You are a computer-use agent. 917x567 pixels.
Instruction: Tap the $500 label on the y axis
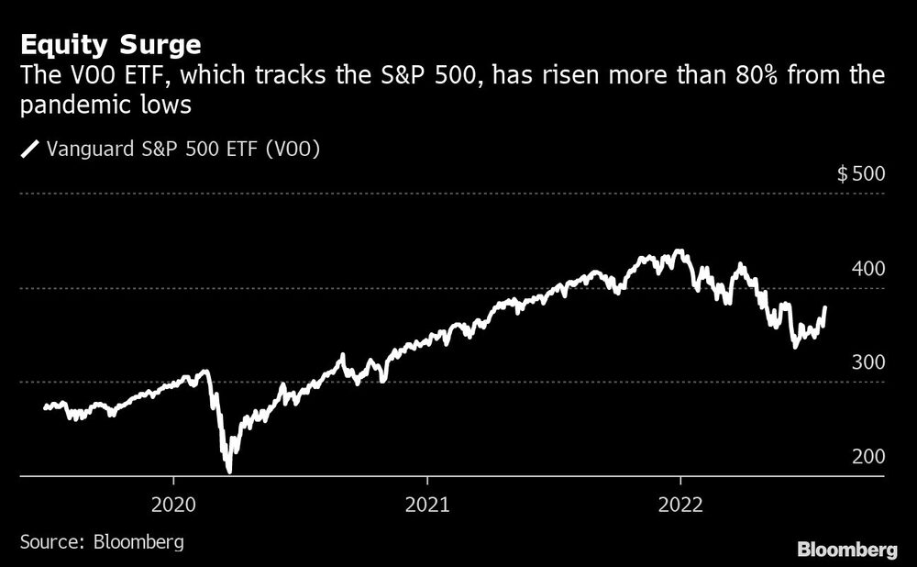(861, 174)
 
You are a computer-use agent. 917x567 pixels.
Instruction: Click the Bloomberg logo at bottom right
(847, 550)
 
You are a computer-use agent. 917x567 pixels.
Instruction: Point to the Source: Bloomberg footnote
(101, 541)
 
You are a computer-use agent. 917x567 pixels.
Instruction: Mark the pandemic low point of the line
(228, 471)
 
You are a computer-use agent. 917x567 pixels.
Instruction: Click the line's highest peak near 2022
(678, 250)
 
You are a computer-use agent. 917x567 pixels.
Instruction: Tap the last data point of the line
(825, 307)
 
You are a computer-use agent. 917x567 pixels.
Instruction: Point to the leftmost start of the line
(44, 407)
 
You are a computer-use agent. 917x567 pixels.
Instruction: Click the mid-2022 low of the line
(794, 347)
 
